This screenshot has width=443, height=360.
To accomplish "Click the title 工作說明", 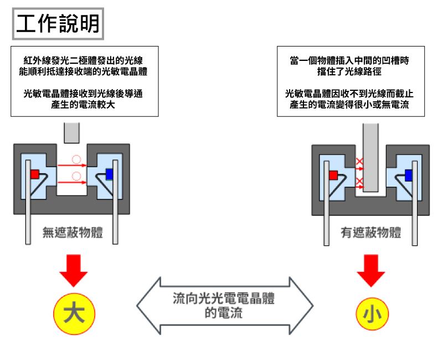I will (58, 23).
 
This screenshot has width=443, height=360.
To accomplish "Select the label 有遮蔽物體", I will (370, 233).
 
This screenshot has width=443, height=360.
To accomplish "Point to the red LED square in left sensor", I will (35, 174).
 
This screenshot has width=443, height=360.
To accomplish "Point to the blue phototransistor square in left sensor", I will (109, 174).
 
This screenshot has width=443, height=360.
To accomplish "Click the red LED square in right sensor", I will (333, 176).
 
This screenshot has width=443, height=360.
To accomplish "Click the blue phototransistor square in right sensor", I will (409, 176).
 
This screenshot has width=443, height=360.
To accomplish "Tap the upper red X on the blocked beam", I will (359, 163).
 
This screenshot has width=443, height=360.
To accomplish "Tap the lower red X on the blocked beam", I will (359, 182).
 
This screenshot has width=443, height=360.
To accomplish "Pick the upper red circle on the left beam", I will (76, 162).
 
